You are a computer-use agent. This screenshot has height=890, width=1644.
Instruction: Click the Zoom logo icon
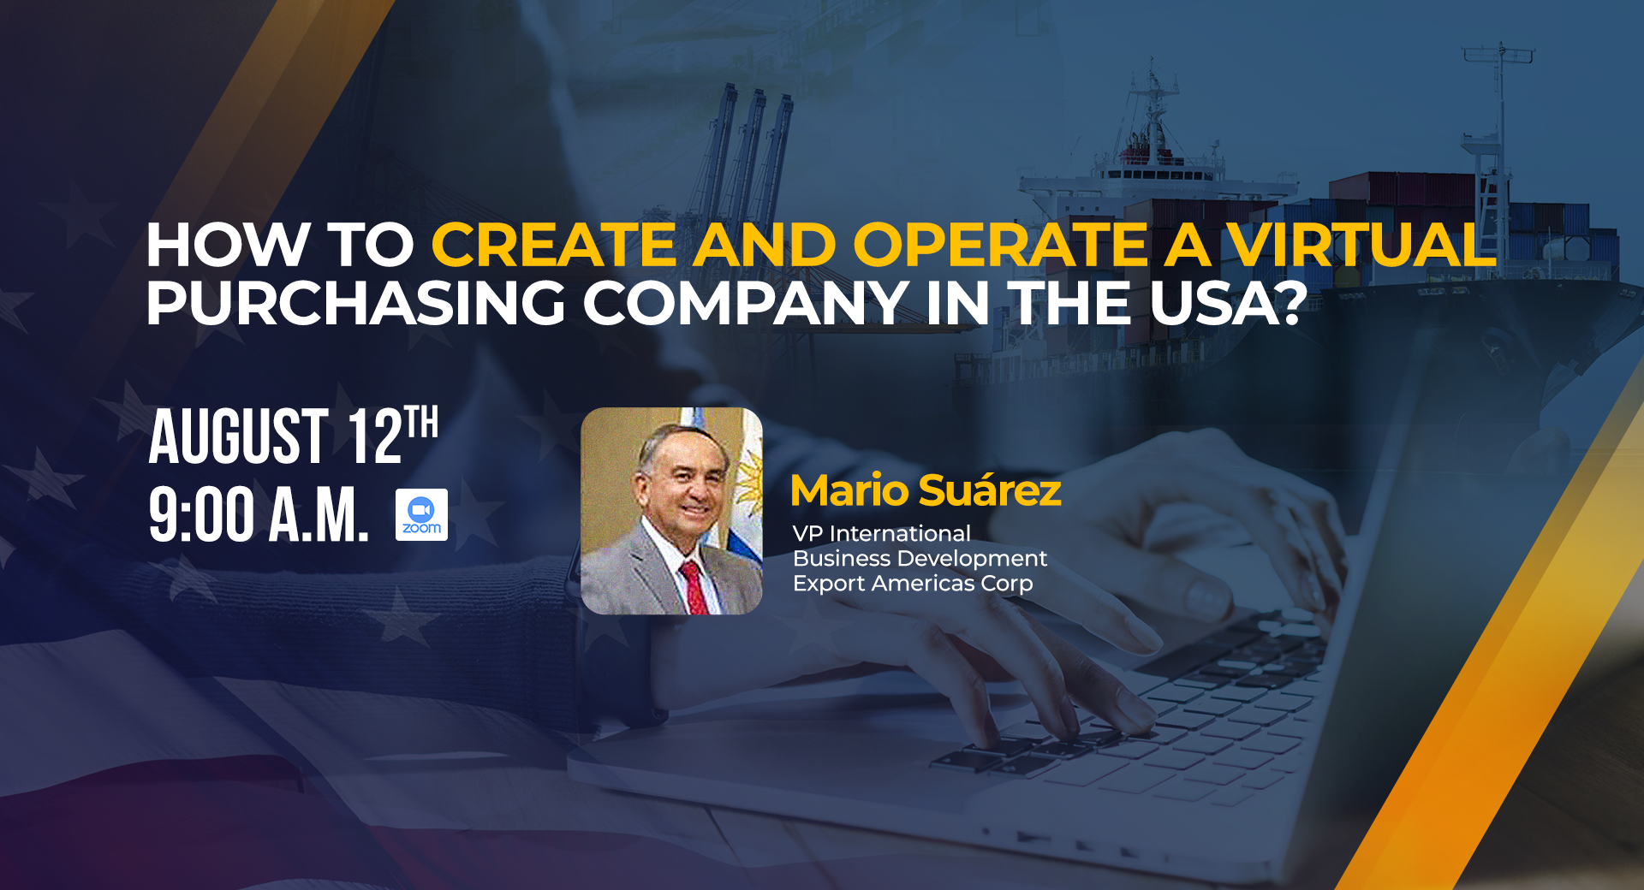(421, 514)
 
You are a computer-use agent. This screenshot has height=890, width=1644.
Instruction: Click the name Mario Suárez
(926, 490)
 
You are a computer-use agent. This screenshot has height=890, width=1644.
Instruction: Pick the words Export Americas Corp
(913, 584)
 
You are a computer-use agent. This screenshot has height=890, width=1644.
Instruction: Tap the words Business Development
(920, 559)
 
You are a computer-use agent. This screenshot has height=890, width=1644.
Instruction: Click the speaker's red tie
(694, 587)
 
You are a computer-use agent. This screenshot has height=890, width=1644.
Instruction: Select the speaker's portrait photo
(671, 511)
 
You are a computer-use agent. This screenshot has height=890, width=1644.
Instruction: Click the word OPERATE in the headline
(1000, 245)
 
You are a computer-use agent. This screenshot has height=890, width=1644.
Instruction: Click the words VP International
(882, 534)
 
